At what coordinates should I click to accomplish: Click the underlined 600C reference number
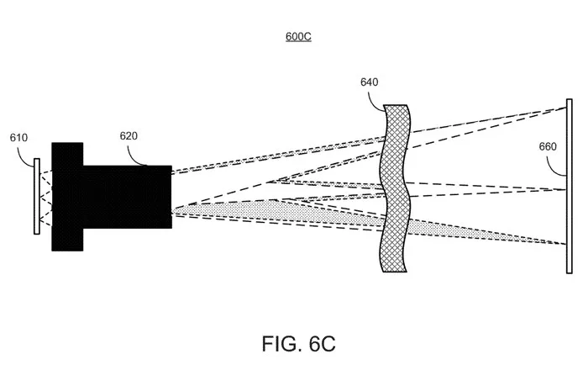coord(298,36)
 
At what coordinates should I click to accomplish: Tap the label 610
coord(18,138)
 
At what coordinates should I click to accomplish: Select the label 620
coord(129,136)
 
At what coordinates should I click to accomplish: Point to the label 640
coord(370,82)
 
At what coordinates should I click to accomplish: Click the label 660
coord(548,146)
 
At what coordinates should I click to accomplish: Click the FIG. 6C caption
coord(298,343)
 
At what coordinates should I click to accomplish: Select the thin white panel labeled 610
coord(37,196)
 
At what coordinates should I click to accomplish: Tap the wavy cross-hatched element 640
coord(395,188)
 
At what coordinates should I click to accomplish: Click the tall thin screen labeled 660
coord(570,186)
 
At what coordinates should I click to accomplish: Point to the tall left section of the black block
coord(67,197)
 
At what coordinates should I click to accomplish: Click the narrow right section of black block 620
coord(128,197)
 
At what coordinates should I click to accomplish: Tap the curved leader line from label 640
coord(375,100)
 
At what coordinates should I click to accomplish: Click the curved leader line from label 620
coord(134,157)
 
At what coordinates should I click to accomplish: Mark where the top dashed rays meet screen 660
coord(566,108)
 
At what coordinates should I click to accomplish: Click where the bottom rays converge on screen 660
coord(566,245)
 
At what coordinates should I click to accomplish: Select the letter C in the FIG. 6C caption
coord(328,343)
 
